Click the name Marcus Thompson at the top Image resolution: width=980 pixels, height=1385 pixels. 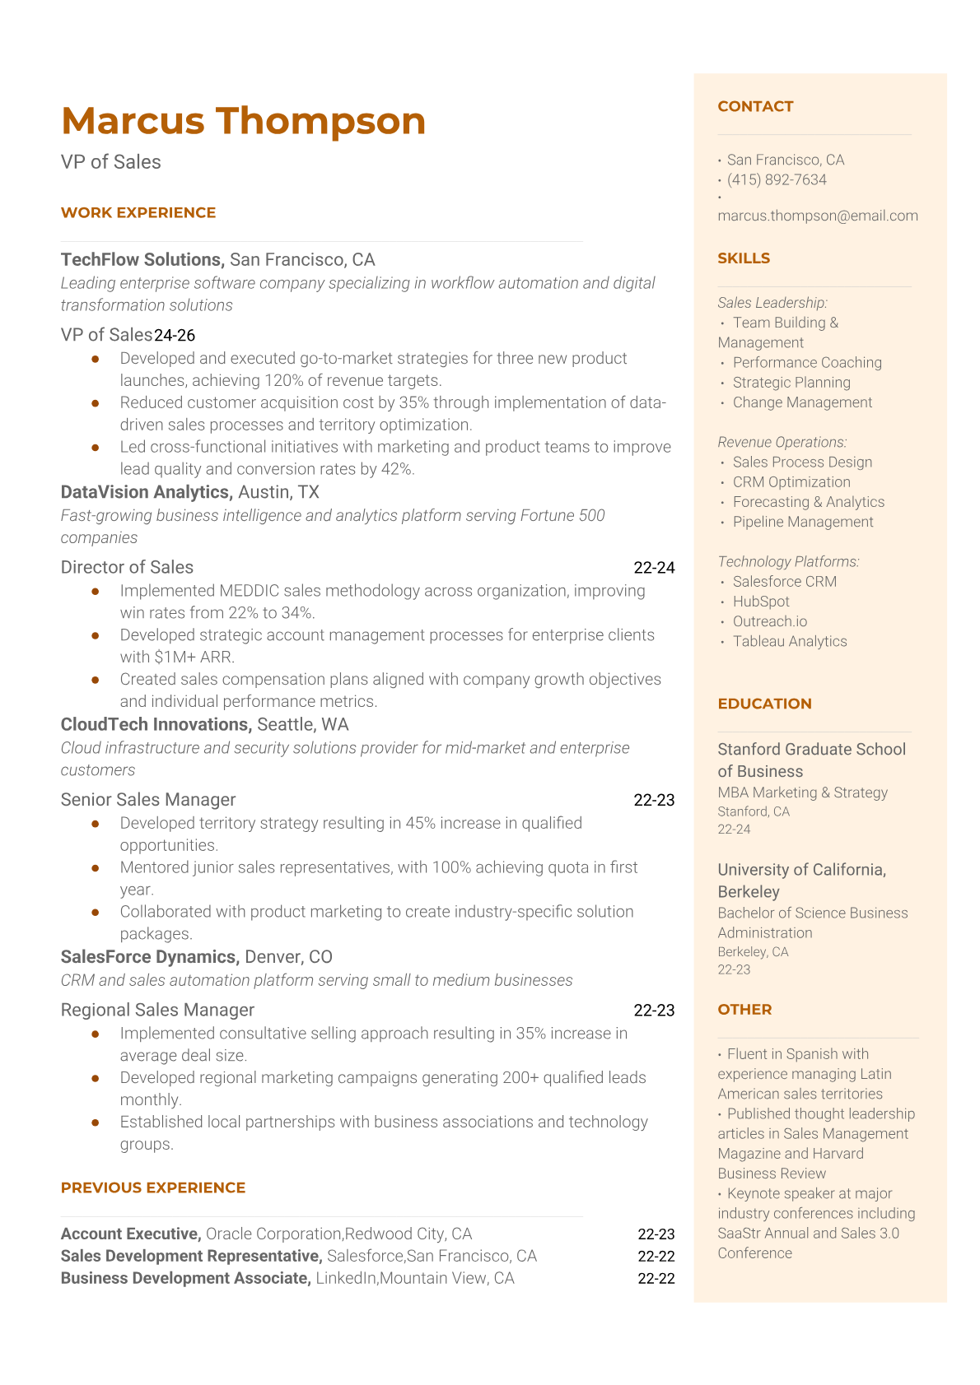[x=243, y=121]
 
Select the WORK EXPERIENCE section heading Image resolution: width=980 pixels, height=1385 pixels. [x=138, y=212]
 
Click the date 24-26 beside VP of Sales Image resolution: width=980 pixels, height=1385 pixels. [x=175, y=335]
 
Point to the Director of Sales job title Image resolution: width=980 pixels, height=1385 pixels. [x=127, y=567]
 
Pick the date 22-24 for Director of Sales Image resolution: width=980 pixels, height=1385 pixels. [x=654, y=567]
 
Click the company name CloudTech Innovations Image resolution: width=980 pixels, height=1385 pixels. [x=156, y=724]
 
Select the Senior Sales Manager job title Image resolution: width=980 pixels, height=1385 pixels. [x=148, y=800]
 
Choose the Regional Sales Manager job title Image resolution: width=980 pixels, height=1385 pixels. [x=157, y=1010]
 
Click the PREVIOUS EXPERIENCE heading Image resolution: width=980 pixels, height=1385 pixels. [x=153, y=1187]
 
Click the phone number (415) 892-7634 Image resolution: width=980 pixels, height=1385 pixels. [x=777, y=179]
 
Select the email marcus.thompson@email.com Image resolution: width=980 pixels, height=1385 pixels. [x=818, y=216]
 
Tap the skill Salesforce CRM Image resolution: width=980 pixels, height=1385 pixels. [x=784, y=581]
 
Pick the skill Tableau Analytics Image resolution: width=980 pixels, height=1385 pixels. [x=789, y=641]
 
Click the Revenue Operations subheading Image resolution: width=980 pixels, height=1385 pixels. [x=782, y=442]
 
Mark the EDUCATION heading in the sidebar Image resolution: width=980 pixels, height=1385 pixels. [x=764, y=704]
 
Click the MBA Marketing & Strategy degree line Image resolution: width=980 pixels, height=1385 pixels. [x=802, y=792]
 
